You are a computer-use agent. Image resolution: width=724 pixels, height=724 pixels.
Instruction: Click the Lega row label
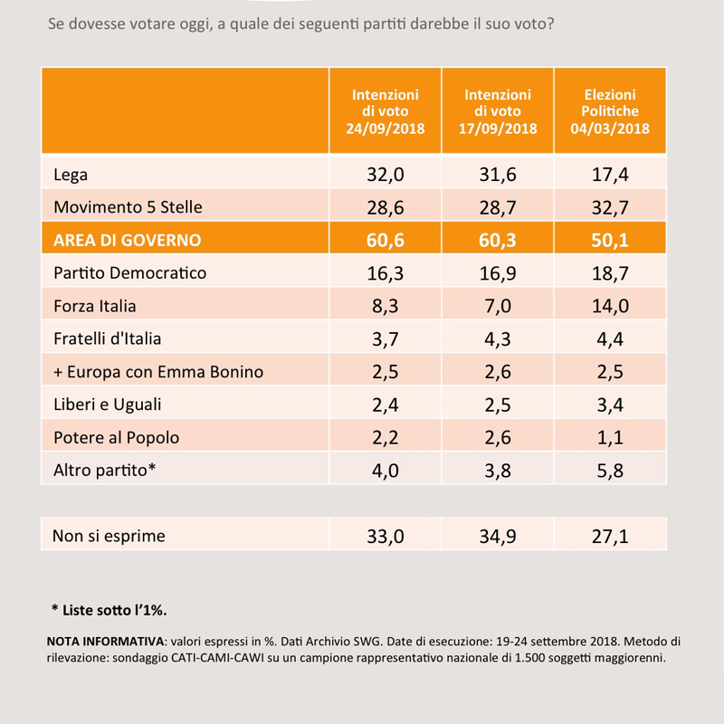(x=71, y=175)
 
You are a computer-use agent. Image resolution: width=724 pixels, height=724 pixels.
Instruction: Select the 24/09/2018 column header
(x=386, y=111)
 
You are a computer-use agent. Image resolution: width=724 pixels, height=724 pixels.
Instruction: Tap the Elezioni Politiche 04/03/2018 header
(x=609, y=111)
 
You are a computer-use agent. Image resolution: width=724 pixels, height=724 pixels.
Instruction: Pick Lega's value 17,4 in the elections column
(x=609, y=175)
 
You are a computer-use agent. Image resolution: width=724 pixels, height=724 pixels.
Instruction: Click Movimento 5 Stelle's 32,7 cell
(x=609, y=208)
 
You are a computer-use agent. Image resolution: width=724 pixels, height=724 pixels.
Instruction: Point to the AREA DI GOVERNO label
(x=127, y=240)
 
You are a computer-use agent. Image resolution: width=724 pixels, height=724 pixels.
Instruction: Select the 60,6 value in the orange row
(x=386, y=240)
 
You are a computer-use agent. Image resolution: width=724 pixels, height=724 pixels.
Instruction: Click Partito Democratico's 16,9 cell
(x=497, y=273)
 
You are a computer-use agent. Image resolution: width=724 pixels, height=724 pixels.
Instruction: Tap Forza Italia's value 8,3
(x=386, y=306)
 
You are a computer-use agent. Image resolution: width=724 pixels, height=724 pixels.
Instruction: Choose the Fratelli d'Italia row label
(x=107, y=338)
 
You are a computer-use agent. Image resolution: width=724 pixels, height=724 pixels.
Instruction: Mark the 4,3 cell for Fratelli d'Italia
(x=497, y=338)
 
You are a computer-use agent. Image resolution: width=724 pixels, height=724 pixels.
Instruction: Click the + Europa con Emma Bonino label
(x=158, y=372)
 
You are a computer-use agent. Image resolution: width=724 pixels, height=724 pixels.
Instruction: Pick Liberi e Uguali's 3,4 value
(x=609, y=405)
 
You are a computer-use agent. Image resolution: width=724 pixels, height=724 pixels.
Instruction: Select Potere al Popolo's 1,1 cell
(x=609, y=438)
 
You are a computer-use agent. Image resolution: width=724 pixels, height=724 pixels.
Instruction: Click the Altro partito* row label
(x=104, y=470)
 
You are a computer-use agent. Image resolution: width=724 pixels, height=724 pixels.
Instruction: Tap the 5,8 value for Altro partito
(x=609, y=471)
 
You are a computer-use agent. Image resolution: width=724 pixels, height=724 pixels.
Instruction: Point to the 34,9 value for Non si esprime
(x=497, y=537)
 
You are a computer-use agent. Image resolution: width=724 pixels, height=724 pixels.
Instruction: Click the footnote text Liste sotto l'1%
(x=115, y=610)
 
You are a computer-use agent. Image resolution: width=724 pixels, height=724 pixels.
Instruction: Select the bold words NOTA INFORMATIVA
(x=105, y=642)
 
